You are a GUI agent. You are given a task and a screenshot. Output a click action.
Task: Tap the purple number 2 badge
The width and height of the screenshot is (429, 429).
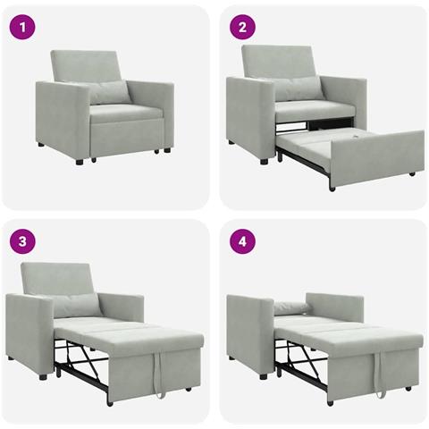click(x=241, y=27)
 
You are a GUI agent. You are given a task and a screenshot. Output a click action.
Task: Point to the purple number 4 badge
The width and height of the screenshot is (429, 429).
click(x=241, y=241)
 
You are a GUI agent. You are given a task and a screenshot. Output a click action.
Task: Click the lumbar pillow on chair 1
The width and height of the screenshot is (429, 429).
click(x=110, y=92)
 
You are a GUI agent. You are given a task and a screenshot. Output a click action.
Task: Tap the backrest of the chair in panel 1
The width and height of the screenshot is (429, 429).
click(x=85, y=65)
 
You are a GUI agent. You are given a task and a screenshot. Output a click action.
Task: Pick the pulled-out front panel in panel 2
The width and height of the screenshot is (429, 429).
click(x=375, y=156)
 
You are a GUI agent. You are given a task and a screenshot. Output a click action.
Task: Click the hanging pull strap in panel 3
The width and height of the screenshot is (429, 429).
click(x=160, y=375)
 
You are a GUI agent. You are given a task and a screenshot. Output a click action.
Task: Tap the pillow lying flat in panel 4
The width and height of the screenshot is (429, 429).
click(x=292, y=307)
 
